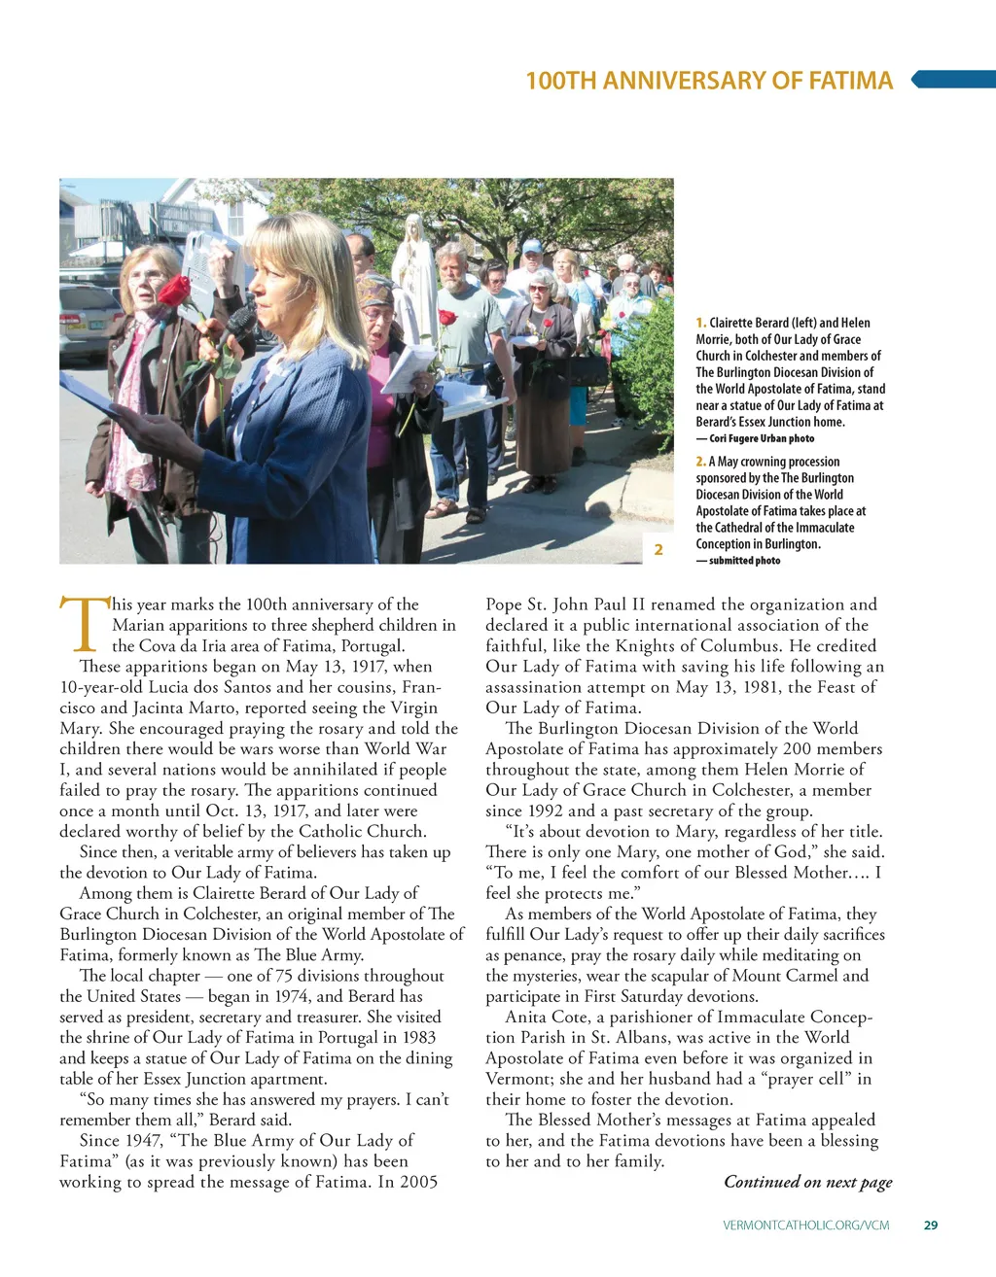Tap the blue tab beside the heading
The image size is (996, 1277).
pyautogui.click(x=954, y=80)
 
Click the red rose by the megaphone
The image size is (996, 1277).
pyautogui.click(x=175, y=291)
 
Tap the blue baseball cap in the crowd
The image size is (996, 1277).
pyautogui.click(x=531, y=247)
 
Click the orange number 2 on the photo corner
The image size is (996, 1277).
pyautogui.click(x=658, y=550)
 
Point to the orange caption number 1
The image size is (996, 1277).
pyautogui.click(x=700, y=323)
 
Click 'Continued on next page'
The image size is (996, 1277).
pyautogui.click(x=807, y=1182)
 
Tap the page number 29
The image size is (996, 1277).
pyautogui.click(x=931, y=1225)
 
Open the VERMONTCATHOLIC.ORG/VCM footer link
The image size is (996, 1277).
pyautogui.click(x=806, y=1225)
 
